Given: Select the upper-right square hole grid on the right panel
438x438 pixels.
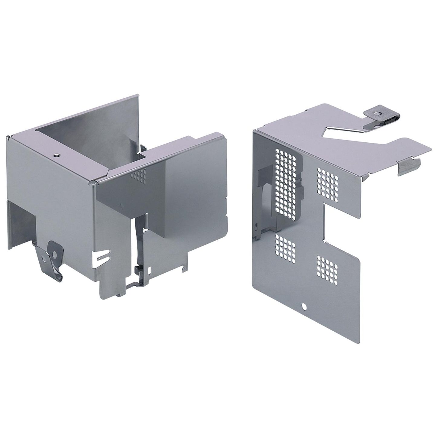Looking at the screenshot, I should [x=328, y=184].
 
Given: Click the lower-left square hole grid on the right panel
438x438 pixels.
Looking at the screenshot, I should [x=286, y=248].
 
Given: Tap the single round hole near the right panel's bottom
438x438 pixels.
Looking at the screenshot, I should [x=304, y=308].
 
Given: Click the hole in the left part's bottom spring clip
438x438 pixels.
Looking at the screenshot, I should [x=44, y=259].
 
